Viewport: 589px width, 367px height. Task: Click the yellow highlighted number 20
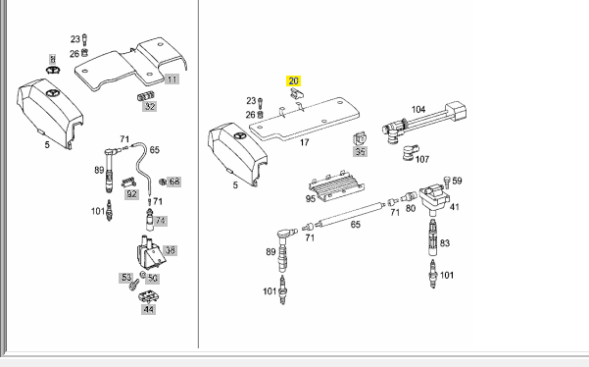[293, 80]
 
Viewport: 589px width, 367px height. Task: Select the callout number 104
[418, 110]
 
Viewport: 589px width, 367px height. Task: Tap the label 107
[422, 159]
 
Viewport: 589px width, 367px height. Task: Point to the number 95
[311, 198]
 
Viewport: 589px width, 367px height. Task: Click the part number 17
[304, 142]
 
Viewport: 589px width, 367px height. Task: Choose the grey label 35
[360, 151]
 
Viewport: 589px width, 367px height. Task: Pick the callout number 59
[457, 181]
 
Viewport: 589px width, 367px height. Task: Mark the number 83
[445, 243]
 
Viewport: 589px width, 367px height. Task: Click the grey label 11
[172, 79]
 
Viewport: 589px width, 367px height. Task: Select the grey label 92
[131, 194]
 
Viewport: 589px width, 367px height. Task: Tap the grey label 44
[148, 309]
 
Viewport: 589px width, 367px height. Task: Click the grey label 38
[171, 250]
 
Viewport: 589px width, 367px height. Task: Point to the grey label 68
[173, 182]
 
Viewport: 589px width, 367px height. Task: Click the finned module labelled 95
[336, 185]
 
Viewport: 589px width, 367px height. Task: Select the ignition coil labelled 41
[434, 198]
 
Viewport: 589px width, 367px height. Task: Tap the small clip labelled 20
[297, 93]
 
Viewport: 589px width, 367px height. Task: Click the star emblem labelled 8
[54, 70]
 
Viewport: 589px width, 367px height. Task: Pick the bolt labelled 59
[447, 183]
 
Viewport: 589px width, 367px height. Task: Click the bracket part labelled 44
[148, 296]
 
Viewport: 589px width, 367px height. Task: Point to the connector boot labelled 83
[433, 237]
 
